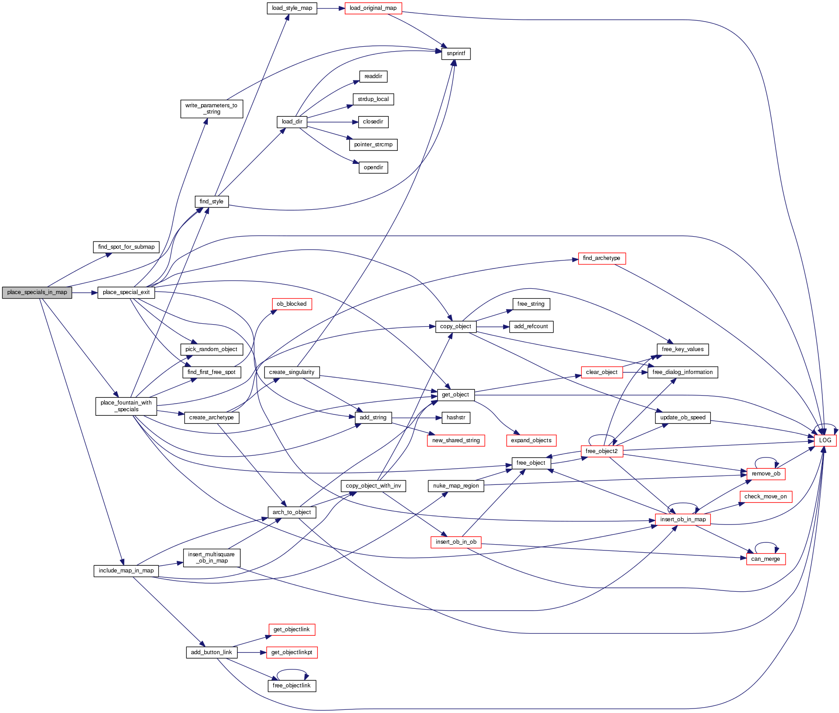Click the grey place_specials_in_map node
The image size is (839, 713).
37,292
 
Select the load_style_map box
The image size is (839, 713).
292,8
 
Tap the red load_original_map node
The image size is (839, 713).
373,8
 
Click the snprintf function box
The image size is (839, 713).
456,53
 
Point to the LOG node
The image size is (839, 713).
825,440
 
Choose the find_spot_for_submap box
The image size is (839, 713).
126,247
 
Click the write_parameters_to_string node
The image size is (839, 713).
211,109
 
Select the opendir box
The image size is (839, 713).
373,167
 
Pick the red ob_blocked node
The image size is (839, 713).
292,304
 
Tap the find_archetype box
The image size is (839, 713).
602,258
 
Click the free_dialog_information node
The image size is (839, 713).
682,372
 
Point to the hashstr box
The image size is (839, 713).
456,418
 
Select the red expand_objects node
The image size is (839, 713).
531,440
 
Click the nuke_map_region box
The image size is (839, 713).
456,486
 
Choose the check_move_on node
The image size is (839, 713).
765,497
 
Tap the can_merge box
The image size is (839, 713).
765,559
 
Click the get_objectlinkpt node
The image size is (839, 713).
292,652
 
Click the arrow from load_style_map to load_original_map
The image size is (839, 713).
331,8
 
